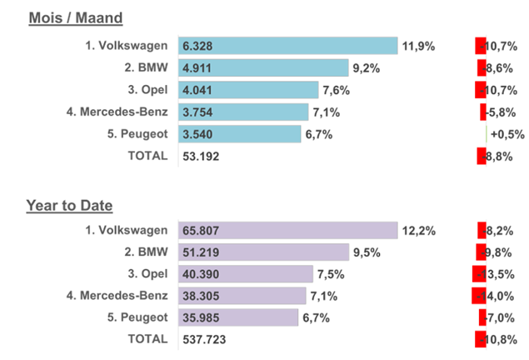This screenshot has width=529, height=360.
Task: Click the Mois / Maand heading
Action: point(76,17)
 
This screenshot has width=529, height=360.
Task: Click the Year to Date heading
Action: point(69,204)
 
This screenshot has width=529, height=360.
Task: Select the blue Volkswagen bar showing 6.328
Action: point(288,46)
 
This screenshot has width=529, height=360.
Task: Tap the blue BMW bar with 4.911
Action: point(263,68)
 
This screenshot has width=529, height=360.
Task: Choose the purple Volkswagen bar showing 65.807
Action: point(288,231)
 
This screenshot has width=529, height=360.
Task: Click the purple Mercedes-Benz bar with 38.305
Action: point(242,295)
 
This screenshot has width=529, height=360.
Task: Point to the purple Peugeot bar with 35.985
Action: point(238,317)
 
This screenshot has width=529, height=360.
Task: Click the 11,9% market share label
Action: point(418,46)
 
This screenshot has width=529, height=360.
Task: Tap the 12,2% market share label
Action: point(418,231)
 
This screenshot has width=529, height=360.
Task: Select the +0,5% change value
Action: point(507,134)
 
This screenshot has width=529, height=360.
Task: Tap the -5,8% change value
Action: point(499,112)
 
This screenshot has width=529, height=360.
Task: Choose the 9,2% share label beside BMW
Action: point(367,68)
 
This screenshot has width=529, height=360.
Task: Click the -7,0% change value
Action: point(499,317)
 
